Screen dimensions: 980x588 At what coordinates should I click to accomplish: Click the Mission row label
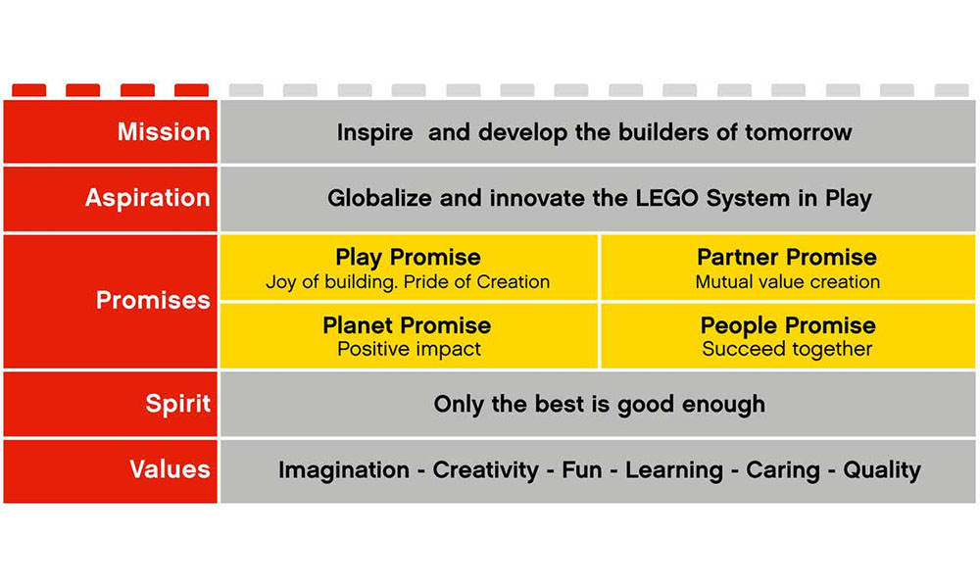(164, 132)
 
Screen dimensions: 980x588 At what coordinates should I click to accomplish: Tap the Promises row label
(153, 301)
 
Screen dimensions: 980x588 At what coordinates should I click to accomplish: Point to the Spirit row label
(178, 405)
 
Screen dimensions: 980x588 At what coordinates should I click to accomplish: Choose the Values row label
(170, 469)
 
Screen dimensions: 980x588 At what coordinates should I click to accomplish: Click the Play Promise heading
(408, 258)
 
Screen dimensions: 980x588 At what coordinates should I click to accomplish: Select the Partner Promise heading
(787, 257)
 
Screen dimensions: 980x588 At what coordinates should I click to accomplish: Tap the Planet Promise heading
(407, 325)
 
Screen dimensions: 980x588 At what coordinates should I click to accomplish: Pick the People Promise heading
(788, 325)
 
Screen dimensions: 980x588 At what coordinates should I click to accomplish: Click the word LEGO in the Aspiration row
(667, 199)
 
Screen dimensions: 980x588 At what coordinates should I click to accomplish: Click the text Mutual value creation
(788, 282)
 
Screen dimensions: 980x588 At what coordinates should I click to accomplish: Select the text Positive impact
(410, 349)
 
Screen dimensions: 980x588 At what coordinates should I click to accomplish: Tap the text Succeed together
(787, 349)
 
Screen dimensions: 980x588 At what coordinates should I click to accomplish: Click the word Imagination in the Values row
(344, 470)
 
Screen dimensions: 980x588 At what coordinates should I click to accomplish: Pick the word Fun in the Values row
(582, 469)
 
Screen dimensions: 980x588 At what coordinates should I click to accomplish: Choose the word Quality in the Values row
(882, 470)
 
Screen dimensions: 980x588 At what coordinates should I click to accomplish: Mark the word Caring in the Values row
(782, 470)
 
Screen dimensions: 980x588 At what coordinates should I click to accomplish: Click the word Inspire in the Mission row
(375, 133)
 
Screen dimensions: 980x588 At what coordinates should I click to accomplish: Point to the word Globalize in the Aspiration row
(379, 199)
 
